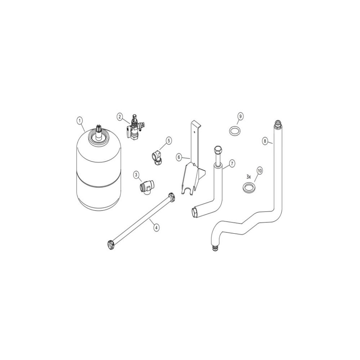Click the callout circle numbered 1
tap(80, 121)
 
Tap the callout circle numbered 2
tap(120, 116)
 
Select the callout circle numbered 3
tap(136, 175)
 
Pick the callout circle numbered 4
tap(156, 228)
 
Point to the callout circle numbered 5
tap(169, 140)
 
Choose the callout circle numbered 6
tap(179, 157)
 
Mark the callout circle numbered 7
tap(232, 163)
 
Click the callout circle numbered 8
tap(265, 141)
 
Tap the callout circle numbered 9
tap(240, 116)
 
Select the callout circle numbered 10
tap(260, 171)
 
